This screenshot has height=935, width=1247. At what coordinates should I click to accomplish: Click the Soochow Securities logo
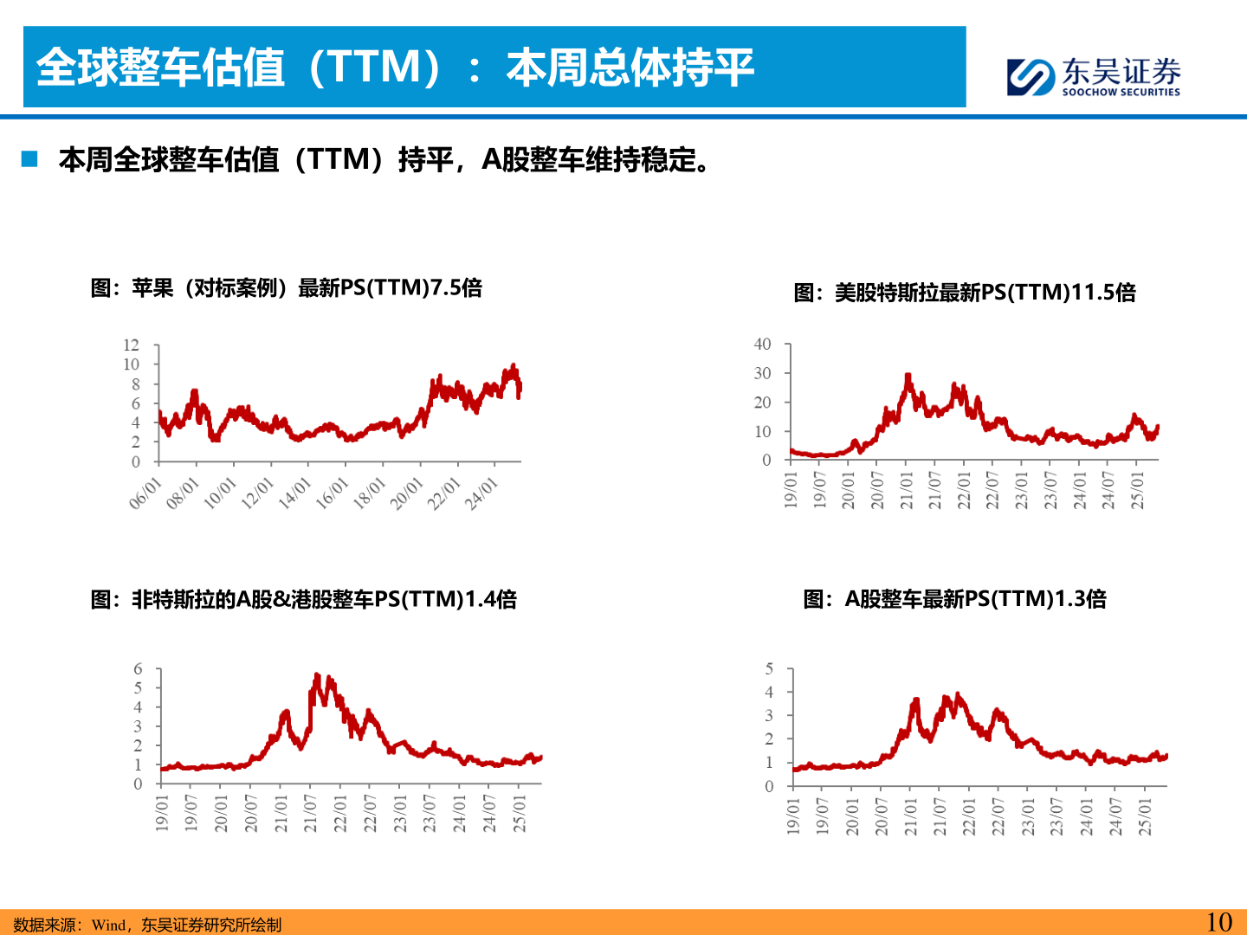click(1093, 76)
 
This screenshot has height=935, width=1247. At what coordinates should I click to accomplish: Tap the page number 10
click(1218, 922)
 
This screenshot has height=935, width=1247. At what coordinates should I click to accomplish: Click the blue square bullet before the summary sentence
click(30, 159)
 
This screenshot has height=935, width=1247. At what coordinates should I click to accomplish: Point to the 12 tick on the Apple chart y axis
click(131, 345)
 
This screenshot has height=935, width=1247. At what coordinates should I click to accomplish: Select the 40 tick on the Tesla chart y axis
click(762, 345)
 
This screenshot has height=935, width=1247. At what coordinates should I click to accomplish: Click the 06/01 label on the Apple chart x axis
click(145, 493)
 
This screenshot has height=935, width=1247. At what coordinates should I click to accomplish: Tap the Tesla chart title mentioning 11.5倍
click(965, 293)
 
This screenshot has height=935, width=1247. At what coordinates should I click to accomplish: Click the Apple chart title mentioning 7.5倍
click(287, 288)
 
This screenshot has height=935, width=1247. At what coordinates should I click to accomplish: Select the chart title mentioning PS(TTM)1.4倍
click(304, 599)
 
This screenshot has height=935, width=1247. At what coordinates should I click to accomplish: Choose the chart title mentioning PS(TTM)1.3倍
click(954, 599)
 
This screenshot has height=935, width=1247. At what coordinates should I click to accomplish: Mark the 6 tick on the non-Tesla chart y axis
click(138, 669)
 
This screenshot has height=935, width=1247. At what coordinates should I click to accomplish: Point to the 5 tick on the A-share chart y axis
click(769, 669)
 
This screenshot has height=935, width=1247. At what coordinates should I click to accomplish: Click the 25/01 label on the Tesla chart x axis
click(1138, 489)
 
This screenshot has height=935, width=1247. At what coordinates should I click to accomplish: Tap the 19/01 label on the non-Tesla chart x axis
click(162, 814)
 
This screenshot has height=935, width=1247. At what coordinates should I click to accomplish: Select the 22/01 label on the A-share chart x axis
click(969, 816)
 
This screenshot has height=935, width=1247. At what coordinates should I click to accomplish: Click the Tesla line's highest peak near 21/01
click(908, 376)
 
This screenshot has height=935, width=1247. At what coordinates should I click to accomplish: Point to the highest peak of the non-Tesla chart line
click(317, 675)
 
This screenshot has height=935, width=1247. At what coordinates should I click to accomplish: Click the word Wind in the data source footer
click(109, 925)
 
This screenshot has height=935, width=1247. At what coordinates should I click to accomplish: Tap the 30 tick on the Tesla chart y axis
click(762, 373)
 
